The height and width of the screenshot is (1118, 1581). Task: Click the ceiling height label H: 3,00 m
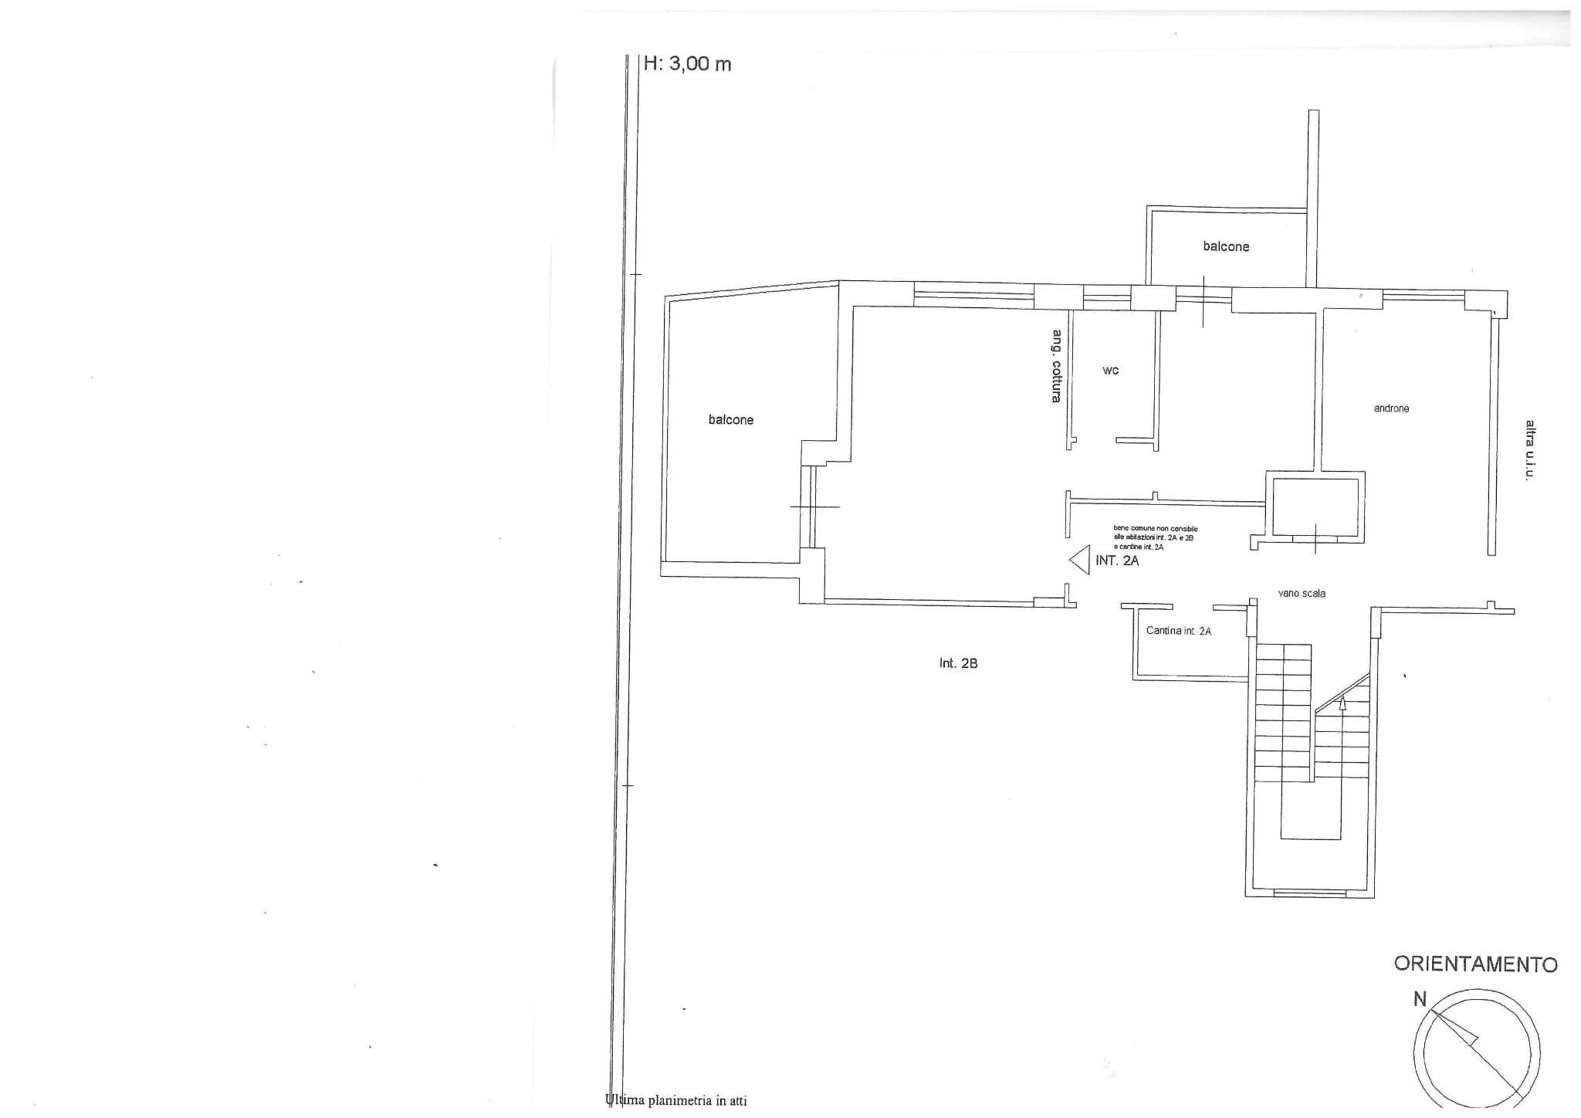(687, 64)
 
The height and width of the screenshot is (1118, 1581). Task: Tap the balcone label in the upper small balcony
(1226, 247)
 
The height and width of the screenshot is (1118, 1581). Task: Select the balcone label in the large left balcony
(731, 420)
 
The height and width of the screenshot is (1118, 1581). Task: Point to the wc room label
(1110, 371)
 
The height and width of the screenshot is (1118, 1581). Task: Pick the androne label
(1391, 408)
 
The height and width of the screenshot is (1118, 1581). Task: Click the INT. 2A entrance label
(1117, 561)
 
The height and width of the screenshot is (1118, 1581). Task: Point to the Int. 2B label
(958, 663)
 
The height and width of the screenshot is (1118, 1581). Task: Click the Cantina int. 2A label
(1178, 631)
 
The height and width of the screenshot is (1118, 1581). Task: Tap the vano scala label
(1302, 594)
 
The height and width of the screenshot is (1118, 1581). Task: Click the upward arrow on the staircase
(1342, 703)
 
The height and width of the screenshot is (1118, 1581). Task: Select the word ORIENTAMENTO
(1475, 964)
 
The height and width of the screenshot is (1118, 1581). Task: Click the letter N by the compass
(1419, 999)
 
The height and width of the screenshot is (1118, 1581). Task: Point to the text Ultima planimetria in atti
(676, 1101)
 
